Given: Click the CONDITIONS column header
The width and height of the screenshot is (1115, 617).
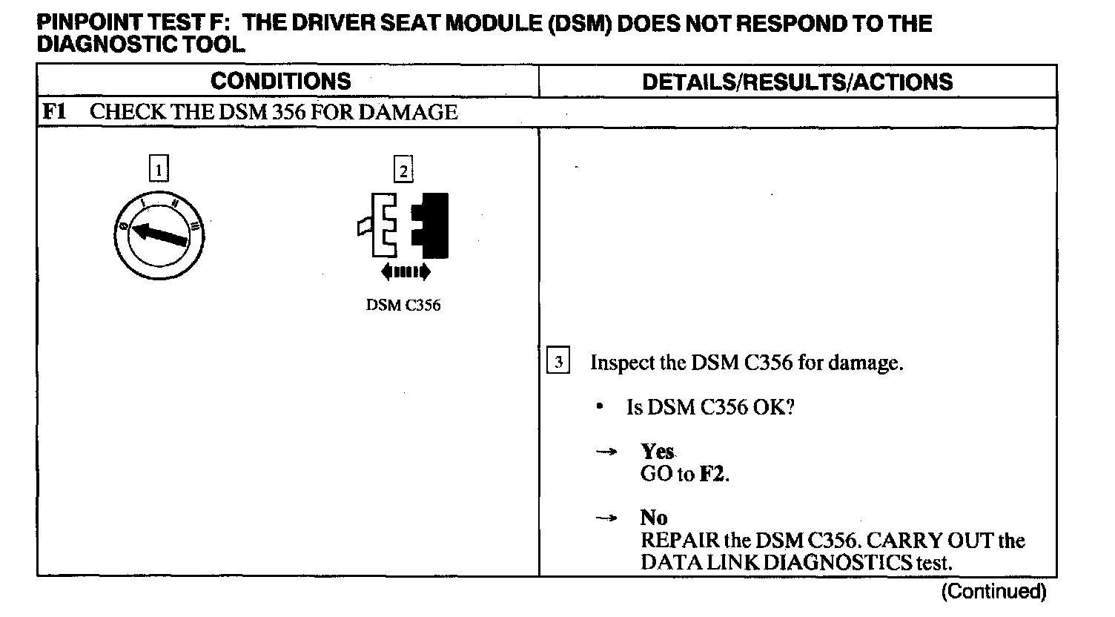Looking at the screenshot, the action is tap(280, 81).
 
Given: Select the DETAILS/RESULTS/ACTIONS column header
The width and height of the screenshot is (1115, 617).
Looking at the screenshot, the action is tap(797, 82).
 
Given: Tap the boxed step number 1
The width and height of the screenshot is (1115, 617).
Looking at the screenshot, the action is tap(159, 171).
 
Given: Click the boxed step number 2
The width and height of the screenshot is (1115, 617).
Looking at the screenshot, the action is tap(403, 171).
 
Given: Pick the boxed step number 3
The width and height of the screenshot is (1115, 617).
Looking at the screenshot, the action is tap(558, 363).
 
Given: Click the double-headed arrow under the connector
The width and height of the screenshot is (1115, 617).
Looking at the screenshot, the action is tap(405, 272).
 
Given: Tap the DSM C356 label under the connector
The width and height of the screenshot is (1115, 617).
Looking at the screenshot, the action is tap(403, 306).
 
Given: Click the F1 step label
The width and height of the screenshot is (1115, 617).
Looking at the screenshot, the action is tap(54, 112).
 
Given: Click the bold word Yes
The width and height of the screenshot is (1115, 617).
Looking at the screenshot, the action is tap(657, 452).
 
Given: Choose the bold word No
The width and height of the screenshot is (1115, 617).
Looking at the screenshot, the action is tap(654, 518).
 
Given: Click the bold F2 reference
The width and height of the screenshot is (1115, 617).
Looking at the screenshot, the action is tap(713, 474).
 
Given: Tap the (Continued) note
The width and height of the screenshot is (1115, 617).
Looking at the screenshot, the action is tap(993, 592).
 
